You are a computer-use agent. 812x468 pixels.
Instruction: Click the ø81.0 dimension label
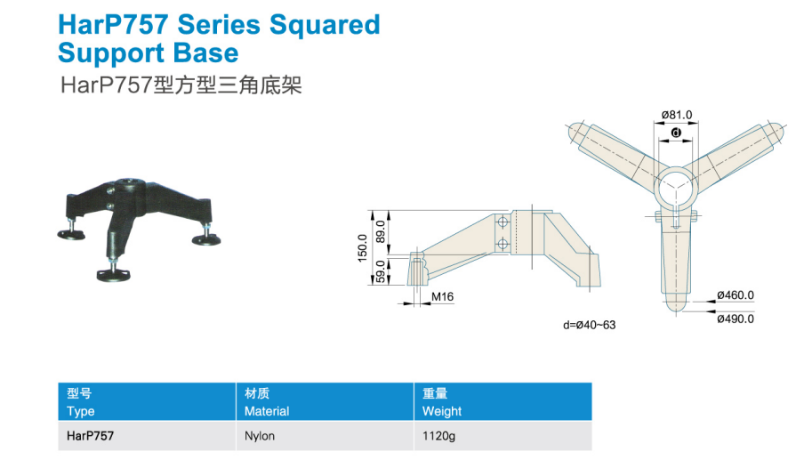(x=677, y=115)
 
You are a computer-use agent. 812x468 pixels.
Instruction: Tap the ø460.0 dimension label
(x=736, y=295)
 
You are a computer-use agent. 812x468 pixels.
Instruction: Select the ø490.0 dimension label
(x=736, y=319)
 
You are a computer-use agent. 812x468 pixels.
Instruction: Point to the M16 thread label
(x=442, y=296)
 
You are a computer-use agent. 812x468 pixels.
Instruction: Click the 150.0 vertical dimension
(x=363, y=247)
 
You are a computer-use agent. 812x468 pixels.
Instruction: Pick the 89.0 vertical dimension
(x=381, y=231)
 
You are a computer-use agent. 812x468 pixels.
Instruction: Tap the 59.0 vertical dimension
(x=381, y=271)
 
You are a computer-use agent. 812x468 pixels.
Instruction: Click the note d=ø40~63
(x=590, y=325)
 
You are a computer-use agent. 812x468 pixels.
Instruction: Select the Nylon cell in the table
(x=260, y=436)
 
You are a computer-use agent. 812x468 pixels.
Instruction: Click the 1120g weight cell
(x=438, y=436)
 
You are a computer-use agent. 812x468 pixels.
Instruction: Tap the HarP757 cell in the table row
(x=90, y=436)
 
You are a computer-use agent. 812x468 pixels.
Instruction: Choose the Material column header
(x=267, y=411)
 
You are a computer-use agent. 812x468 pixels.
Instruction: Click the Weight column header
(x=442, y=411)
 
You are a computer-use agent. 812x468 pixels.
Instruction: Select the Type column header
(x=81, y=412)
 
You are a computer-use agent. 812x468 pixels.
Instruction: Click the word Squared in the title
(x=326, y=26)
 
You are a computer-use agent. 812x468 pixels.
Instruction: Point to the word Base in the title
(x=205, y=52)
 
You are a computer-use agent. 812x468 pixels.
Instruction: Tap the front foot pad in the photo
(x=113, y=275)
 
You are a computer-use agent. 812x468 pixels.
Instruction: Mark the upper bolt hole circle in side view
(x=502, y=222)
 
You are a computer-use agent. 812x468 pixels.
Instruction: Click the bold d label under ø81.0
(x=676, y=133)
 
